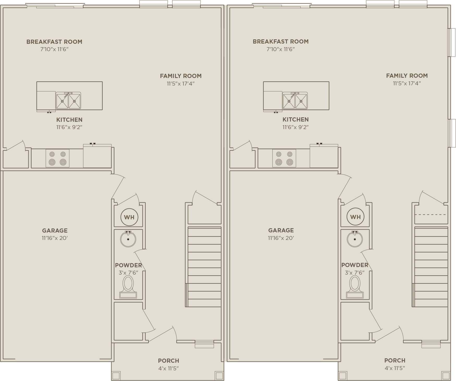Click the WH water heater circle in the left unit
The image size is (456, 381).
[129, 217]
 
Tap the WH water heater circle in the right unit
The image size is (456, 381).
[355, 217]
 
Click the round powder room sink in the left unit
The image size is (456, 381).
[128, 239]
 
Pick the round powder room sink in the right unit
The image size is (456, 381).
[355, 239]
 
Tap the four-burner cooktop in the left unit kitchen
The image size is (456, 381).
[58, 158]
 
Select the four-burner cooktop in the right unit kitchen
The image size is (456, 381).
[284, 158]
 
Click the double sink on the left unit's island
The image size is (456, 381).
[68, 101]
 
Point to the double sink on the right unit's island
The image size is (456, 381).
[295, 101]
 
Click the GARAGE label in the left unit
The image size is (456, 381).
[55, 231]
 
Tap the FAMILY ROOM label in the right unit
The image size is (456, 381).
[407, 76]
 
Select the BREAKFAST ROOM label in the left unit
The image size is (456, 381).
[54, 42]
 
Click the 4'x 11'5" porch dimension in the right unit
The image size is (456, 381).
[395, 368]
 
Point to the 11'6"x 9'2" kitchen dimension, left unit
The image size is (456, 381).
[69, 127]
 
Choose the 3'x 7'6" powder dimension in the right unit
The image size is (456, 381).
[355, 273]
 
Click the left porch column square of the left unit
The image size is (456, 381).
[116, 376]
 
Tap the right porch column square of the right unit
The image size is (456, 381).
[446, 376]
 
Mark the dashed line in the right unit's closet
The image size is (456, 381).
[430, 215]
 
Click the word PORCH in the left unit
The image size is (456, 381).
[169, 361]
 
